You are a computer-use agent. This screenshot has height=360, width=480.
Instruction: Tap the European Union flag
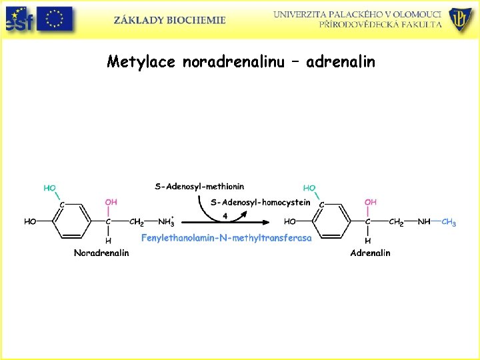pyautogui.click(x=54, y=19)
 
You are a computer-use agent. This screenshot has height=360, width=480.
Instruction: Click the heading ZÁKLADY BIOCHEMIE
pyautogui.click(x=169, y=20)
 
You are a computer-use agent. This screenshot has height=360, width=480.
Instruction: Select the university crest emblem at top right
pyautogui.click(x=461, y=19)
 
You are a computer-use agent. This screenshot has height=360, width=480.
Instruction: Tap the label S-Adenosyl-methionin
pyautogui.click(x=199, y=187)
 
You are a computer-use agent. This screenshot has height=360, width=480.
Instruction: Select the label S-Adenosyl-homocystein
pyautogui.click(x=260, y=203)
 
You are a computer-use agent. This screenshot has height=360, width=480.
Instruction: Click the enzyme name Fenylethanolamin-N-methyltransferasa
pyautogui.click(x=226, y=238)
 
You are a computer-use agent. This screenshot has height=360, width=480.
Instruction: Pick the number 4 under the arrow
pyautogui.click(x=225, y=215)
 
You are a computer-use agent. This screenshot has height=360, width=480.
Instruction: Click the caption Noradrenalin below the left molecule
pyautogui.click(x=101, y=253)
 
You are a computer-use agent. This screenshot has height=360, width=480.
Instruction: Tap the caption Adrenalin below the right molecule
pyautogui.click(x=370, y=253)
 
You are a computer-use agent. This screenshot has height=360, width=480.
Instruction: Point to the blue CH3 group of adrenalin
pyautogui.click(x=449, y=223)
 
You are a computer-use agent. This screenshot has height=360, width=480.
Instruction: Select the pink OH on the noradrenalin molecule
pyautogui.click(x=111, y=202)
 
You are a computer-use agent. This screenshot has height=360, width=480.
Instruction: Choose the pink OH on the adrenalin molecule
pyautogui.click(x=370, y=202)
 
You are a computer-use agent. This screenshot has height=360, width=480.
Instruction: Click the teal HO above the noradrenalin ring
pyautogui.click(x=50, y=188)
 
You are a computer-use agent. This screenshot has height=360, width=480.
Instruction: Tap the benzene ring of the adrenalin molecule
pyautogui.click(x=333, y=221)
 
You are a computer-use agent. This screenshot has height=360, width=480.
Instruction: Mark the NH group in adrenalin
pyautogui.click(x=424, y=222)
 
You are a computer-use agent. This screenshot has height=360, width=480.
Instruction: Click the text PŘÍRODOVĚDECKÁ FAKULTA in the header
pyautogui.click(x=380, y=24)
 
